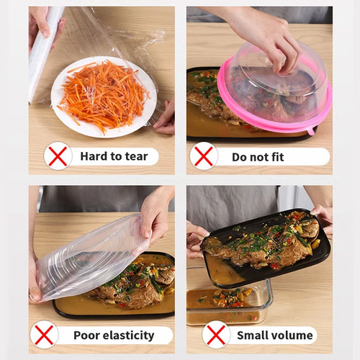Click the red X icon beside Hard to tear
click(58, 156)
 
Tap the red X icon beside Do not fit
click(204, 156)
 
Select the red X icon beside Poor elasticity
click(45, 335)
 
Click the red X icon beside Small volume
click(216, 335)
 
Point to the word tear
click(135, 156)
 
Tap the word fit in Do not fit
click(292, 156)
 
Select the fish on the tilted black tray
click(266, 245)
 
